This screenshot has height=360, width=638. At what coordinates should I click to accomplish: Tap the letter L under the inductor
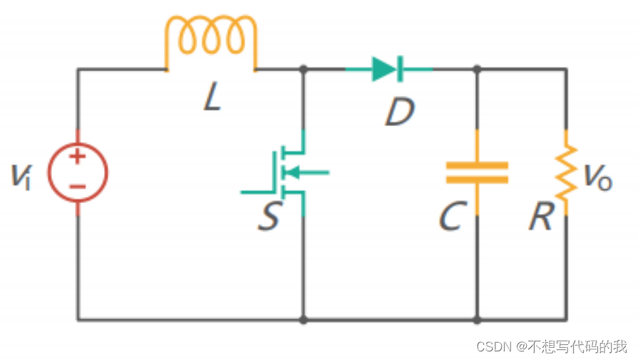tap(212, 96)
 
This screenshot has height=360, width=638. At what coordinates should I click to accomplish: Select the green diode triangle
tap(384, 69)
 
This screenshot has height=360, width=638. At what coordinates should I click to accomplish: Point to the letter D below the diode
tap(400, 112)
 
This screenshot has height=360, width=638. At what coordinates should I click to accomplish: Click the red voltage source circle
tap(48, 173)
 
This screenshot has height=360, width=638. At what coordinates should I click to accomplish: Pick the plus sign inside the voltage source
tap(77, 157)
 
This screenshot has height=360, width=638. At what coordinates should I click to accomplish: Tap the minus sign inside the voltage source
tap(77, 187)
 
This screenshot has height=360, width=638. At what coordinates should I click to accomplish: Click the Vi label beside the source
tap(21, 176)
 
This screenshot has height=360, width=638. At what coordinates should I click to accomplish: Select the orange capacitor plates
tap(477, 173)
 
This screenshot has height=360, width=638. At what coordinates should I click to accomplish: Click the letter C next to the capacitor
tap(453, 216)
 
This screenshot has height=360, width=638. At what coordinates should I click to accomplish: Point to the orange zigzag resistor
tap(566, 173)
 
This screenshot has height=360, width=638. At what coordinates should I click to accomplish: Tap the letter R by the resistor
tap(542, 216)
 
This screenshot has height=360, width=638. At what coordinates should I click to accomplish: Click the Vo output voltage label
tap(597, 178)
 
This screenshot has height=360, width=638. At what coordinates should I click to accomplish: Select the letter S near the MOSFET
tap(269, 216)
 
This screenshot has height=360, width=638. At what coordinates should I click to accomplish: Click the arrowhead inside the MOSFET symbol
tap(292, 173)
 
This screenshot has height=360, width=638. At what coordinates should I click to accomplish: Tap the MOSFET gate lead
tap(257, 192)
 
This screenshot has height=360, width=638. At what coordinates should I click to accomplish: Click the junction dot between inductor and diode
tap(303, 69)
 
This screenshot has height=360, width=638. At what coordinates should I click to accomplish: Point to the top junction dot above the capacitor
tap(477, 69)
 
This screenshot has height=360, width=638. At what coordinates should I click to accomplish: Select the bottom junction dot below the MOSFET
tap(303, 320)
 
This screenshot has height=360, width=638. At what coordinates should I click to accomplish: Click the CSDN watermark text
tap(552, 346)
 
